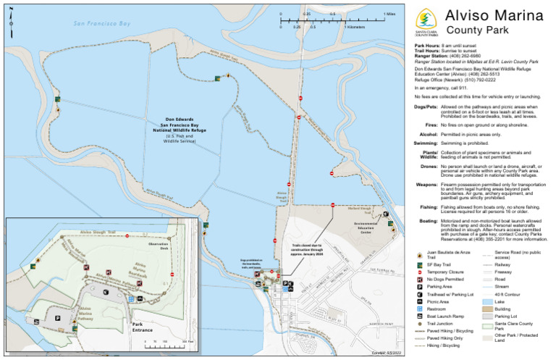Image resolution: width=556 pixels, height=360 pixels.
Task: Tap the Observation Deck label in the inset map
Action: coord(158,246)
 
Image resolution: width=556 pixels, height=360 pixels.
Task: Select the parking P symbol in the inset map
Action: coord(57,317)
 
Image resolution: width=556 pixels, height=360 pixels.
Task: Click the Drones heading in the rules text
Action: coord(427,165)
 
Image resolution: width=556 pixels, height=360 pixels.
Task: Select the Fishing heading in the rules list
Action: coord(427,206)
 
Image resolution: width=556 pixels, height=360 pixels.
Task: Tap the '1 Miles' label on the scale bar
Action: coord(388,13)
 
